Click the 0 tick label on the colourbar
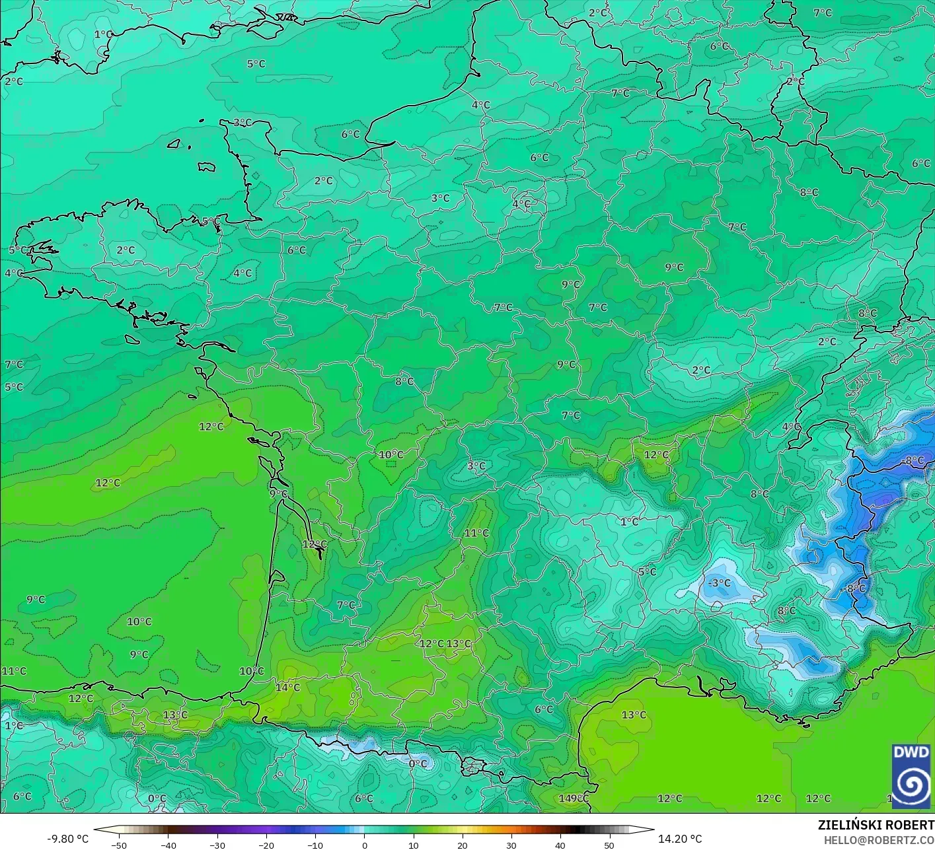point(364,845)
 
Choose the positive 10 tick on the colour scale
point(413,845)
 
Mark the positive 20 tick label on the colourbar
point(462,845)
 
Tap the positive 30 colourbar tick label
point(511,845)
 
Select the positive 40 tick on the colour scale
point(560,845)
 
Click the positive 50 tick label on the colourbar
point(609,845)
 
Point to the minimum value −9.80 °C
point(67,839)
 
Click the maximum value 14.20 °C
point(680,839)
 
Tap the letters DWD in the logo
point(911,752)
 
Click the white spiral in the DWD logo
point(911,784)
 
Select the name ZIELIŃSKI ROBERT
point(876,825)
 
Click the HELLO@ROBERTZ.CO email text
point(879,839)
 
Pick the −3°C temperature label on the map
point(719,583)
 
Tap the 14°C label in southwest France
point(287,687)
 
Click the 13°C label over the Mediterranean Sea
point(634,715)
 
